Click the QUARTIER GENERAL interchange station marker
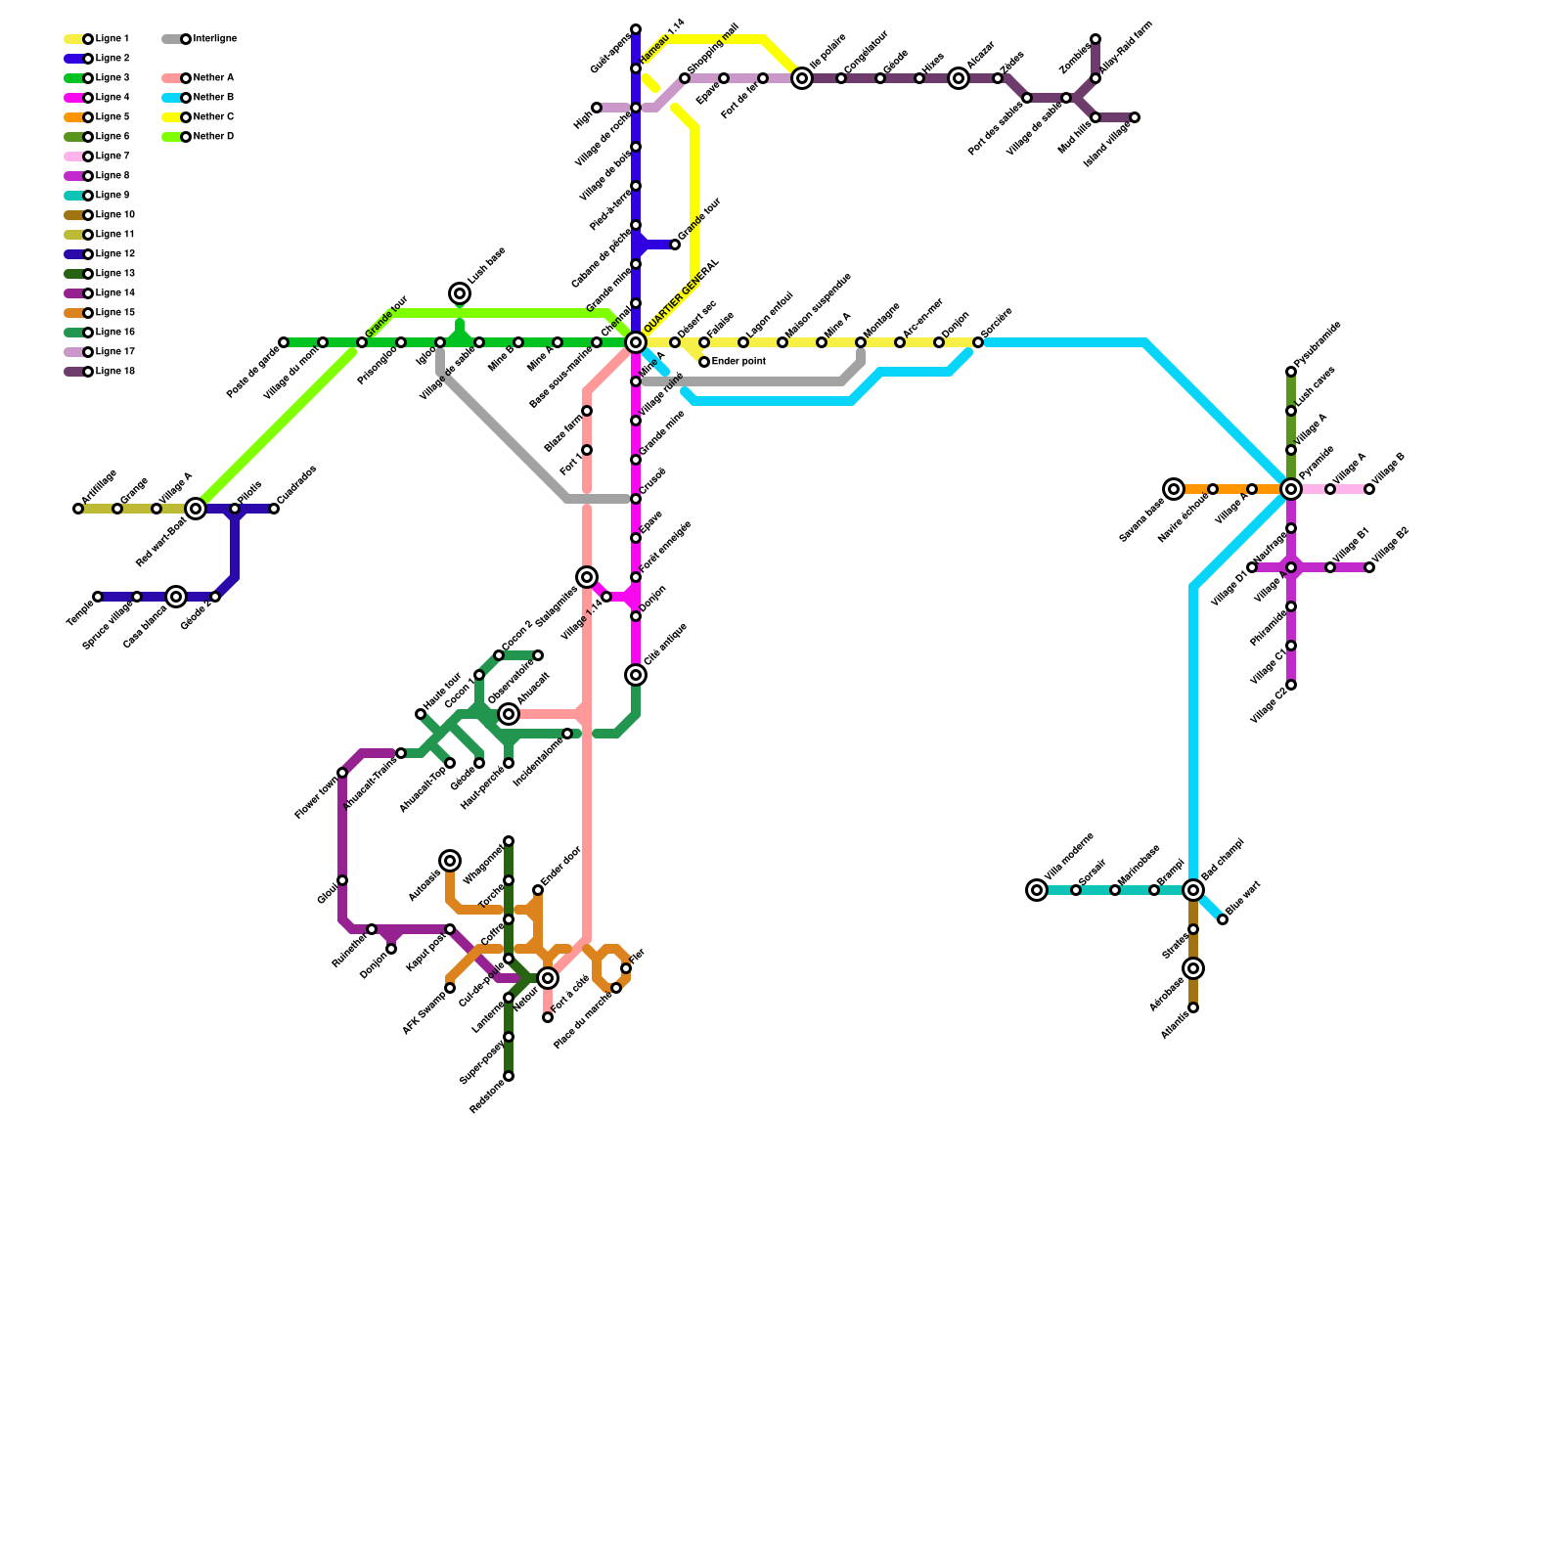pos(636,342)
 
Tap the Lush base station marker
pos(460,293)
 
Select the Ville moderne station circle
pos(1037,890)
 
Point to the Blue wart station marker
pos(1223,919)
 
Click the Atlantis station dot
pos(1193,1007)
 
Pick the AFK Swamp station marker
pos(450,988)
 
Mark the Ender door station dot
pos(538,890)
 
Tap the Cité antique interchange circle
pos(636,675)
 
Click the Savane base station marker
pos(1174,489)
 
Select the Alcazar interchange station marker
pos(959,78)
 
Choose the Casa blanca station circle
pos(176,597)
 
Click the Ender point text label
pos(738,362)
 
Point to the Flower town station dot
pos(342,773)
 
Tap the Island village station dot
pos(1135,117)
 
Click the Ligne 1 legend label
pos(112,39)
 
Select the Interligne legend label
pos(215,39)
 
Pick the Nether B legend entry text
pos(213,98)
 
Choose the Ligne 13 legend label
pos(115,274)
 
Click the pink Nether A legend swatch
pos(171,78)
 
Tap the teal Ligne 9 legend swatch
pos(73,196)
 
